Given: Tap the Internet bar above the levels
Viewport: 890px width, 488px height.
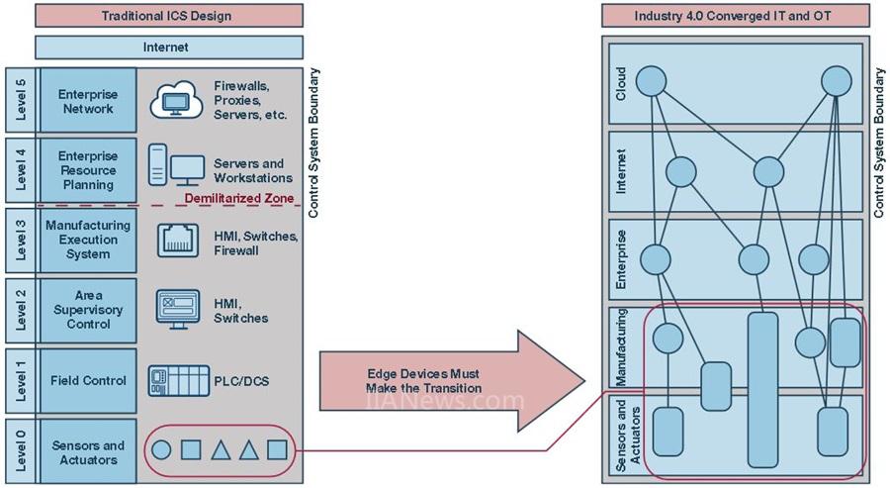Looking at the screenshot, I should pyautogui.click(x=169, y=47).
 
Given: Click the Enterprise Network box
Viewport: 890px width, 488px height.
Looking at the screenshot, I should pyautogui.click(x=88, y=102).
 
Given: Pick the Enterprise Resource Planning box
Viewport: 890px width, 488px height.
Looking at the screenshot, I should pyautogui.click(x=88, y=170).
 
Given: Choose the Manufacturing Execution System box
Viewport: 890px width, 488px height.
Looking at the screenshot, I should pyautogui.click(x=88, y=241).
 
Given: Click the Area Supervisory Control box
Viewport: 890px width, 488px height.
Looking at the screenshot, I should pyautogui.click(x=88, y=310).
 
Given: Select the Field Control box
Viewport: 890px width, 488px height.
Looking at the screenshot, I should pyautogui.click(x=88, y=380).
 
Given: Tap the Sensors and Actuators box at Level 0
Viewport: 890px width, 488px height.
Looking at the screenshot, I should pyautogui.click(x=88, y=452).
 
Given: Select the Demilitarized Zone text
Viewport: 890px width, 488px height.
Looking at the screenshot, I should pyautogui.click(x=239, y=199).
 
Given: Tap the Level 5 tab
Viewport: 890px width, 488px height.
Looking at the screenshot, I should pyautogui.click(x=20, y=101).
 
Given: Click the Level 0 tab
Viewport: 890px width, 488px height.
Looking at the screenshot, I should pyautogui.click(x=20, y=452).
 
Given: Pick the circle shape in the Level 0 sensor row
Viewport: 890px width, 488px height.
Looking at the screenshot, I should pyautogui.click(x=161, y=450).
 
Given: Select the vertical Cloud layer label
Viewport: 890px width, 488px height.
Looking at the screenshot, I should pyautogui.click(x=621, y=84).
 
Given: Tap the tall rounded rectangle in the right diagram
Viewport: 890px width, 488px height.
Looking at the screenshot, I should pyautogui.click(x=762, y=389).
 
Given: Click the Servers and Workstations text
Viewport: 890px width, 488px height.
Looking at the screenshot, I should pyautogui.click(x=253, y=170).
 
